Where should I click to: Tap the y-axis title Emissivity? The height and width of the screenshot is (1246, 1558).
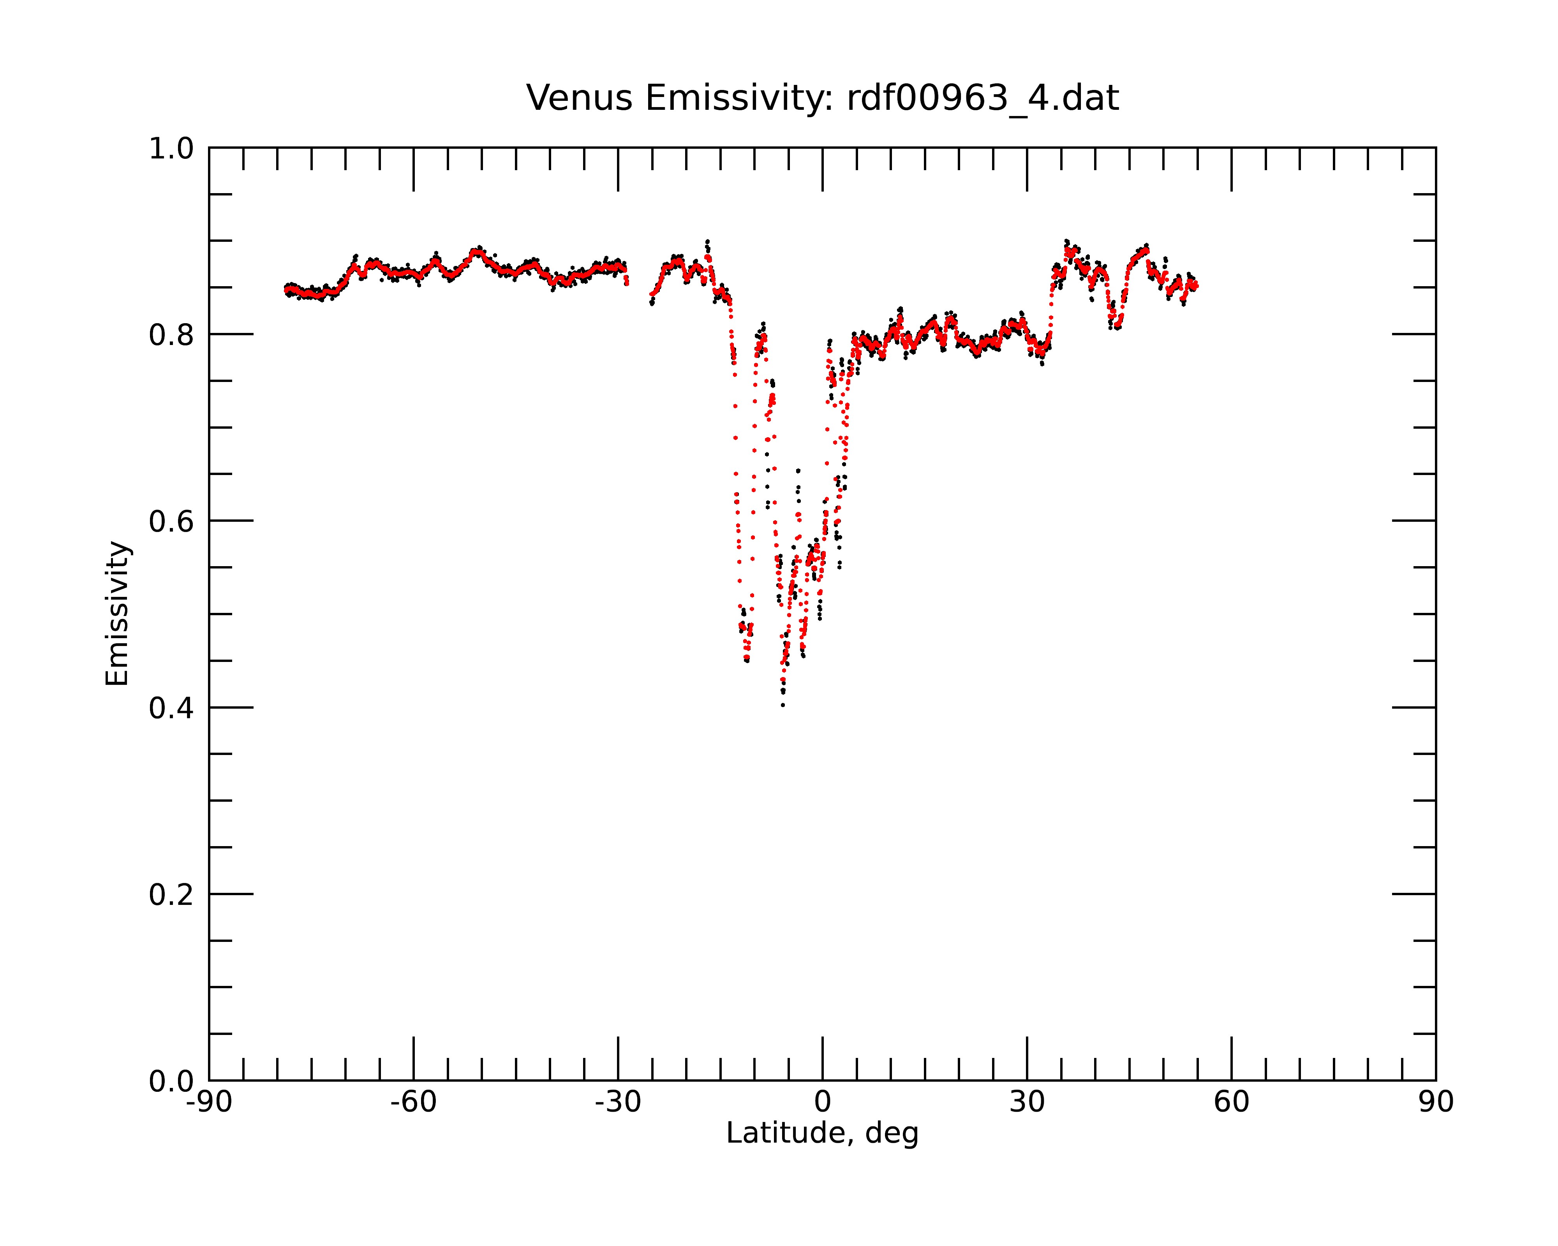pyautogui.click(x=117, y=613)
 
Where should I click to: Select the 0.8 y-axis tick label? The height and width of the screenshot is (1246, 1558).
pyautogui.click(x=171, y=335)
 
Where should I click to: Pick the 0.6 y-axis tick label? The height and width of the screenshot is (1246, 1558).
pyautogui.click(x=171, y=521)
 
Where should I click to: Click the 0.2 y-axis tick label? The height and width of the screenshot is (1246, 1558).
pyautogui.click(x=171, y=895)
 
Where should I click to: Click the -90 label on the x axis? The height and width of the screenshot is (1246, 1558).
pyautogui.click(x=209, y=1102)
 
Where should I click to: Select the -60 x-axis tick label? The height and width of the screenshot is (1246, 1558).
pyautogui.click(x=413, y=1102)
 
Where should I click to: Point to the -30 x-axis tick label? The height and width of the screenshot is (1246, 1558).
pyautogui.click(x=618, y=1102)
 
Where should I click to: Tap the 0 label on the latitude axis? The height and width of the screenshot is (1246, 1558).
pyautogui.click(x=822, y=1102)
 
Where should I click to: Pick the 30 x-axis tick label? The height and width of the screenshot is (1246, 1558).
pyautogui.click(x=1027, y=1102)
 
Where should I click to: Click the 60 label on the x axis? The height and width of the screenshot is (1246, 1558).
pyautogui.click(x=1231, y=1102)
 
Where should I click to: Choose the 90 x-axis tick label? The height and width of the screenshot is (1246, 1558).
pyautogui.click(x=1436, y=1102)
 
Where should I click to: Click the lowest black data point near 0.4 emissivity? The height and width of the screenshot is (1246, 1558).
pyautogui.click(x=783, y=705)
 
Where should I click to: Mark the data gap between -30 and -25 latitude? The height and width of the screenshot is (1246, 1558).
pyautogui.click(x=639, y=285)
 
